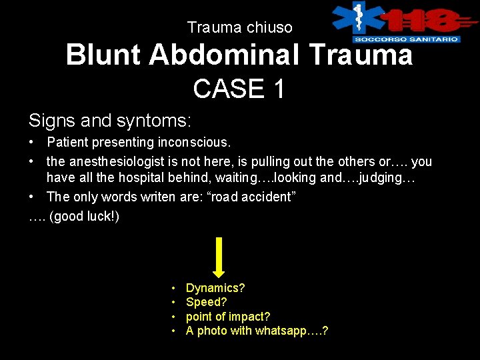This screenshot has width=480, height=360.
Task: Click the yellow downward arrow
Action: (x=219, y=256)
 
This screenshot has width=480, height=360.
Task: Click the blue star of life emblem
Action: (x=359, y=19)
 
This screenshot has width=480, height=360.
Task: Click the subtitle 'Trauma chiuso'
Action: (x=239, y=27)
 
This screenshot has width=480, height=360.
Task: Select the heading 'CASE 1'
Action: (x=239, y=89)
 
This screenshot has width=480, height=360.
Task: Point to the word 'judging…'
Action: (x=390, y=178)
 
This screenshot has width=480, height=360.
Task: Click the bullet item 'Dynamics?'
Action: (x=215, y=288)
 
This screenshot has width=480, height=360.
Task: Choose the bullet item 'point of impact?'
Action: (x=228, y=317)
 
